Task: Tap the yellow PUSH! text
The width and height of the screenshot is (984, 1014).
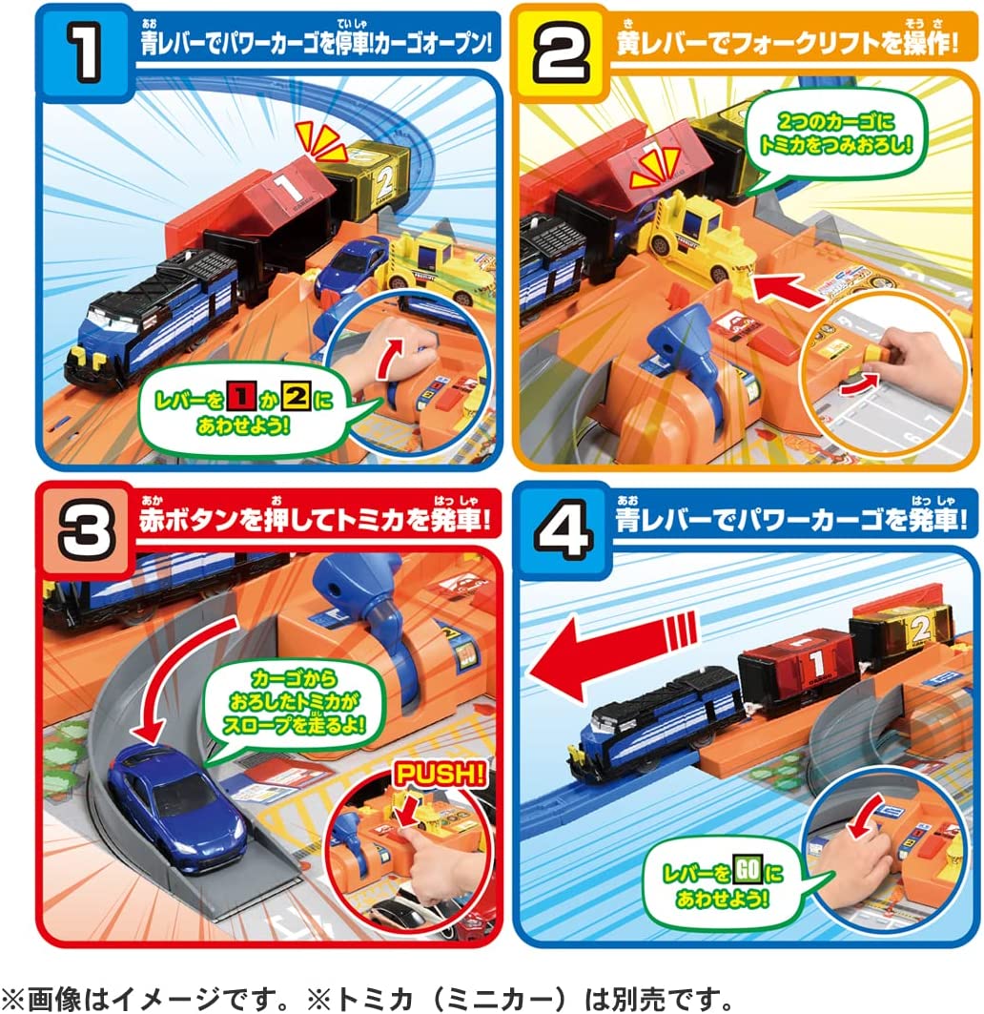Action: coord(440,775)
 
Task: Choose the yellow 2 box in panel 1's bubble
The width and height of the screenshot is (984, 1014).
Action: coord(296,395)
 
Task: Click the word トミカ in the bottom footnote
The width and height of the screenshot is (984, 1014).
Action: coord(375,999)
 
